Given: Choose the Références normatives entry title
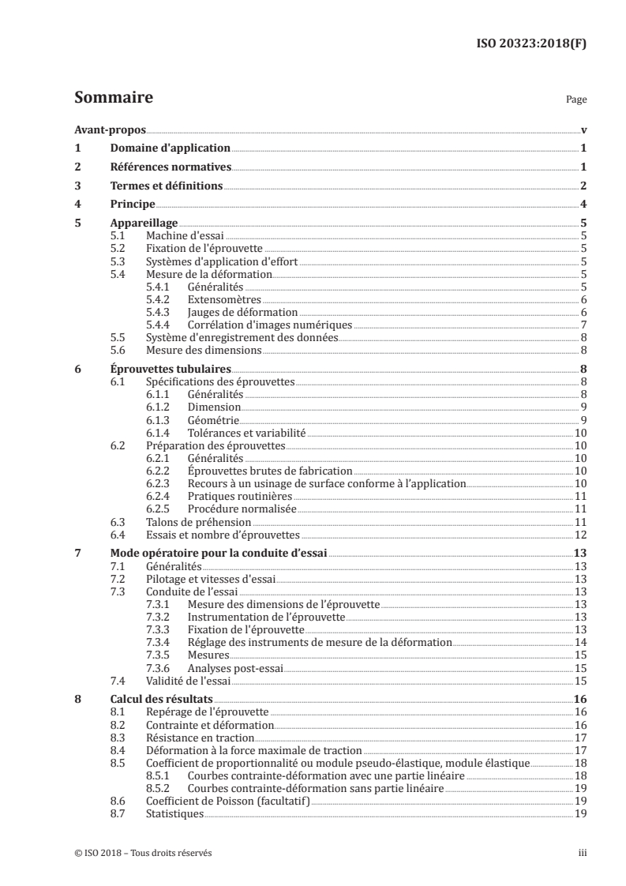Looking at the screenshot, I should pyautogui.click(x=171, y=167).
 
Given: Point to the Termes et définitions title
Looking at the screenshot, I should pyautogui.click(x=166, y=186).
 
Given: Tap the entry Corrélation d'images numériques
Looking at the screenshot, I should pyautogui.click(x=269, y=325).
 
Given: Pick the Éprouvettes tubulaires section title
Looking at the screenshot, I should pyautogui.click(x=171, y=369).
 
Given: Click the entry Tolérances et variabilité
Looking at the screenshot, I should pyautogui.click(x=246, y=433).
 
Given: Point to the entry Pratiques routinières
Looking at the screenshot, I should pyautogui.click(x=240, y=497).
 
